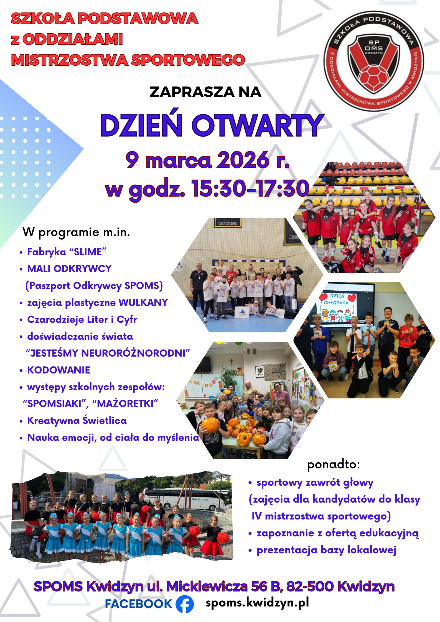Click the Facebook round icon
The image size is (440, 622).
pos(185,604)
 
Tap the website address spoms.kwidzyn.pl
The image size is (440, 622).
pos(257,603)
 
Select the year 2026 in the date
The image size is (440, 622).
pos(243,160)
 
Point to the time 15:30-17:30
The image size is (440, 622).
pos(250,189)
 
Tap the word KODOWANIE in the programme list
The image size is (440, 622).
pos(59,370)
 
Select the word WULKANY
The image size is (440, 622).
pos(143,302)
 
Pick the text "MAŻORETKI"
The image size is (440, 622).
pos(125,404)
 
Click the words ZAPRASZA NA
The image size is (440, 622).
pos(205,92)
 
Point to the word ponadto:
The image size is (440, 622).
pos(334,464)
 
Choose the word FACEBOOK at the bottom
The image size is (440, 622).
pos(139,604)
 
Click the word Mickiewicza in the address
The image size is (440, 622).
pos(207,587)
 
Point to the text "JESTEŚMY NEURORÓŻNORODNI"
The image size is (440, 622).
pos(108,353)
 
